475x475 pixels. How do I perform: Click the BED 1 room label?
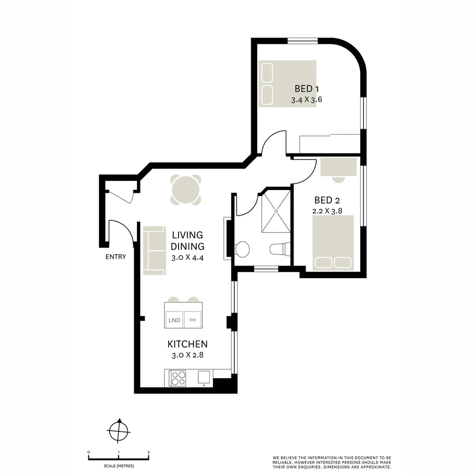click(x=307, y=89)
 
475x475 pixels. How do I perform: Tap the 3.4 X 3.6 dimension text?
click(x=307, y=100)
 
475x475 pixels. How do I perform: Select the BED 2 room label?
click(x=327, y=201)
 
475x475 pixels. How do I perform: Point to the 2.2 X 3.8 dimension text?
click(x=327, y=211)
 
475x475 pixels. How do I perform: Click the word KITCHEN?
click(x=187, y=344)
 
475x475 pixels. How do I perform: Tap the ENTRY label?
click(x=116, y=257)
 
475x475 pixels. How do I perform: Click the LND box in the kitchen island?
click(x=174, y=320)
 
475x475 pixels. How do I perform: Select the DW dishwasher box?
click(x=192, y=320)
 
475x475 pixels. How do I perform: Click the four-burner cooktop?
click(x=178, y=378)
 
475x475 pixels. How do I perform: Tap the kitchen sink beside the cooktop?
click(x=204, y=377)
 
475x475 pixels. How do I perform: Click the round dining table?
click(x=186, y=190)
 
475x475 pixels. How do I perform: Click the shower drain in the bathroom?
click(x=276, y=211)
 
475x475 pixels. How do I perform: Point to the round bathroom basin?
click(x=242, y=249)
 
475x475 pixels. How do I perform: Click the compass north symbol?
click(x=118, y=430)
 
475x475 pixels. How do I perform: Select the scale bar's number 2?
click(x=149, y=452)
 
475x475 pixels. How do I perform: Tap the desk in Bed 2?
click(x=338, y=167)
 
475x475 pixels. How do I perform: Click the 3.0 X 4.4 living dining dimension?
click(x=187, y=257)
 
